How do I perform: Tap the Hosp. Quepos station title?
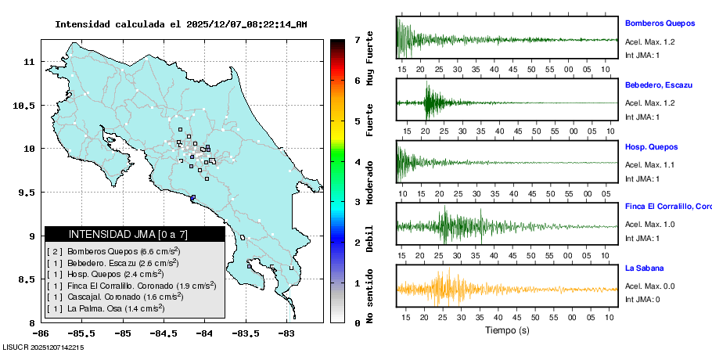click(652, 146)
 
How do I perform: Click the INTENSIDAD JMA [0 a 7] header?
click(135, 234)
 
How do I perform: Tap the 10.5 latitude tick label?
click(25, 105)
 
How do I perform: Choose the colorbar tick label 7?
click(357, 39)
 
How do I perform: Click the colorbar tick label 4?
click(357, 162)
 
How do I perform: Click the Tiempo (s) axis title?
click(508, 330)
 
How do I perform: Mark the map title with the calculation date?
click(181, 24)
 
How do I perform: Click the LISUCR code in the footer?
click(44, 347)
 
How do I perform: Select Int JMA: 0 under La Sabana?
click(643, 300)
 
